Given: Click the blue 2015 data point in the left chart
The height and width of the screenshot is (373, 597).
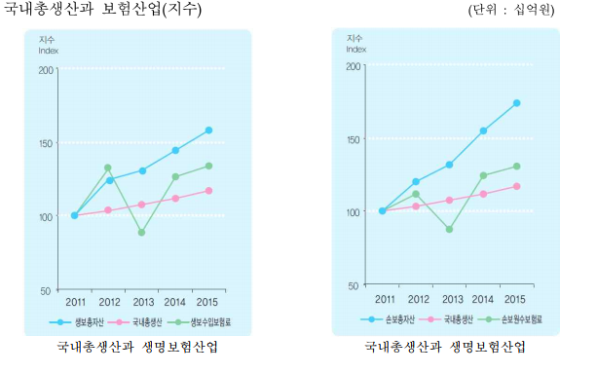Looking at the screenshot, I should click(x=208, y=130).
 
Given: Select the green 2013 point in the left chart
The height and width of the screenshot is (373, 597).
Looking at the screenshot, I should click(x=141, y=233).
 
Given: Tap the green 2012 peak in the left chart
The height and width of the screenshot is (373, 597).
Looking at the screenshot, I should click(x=108, y=168).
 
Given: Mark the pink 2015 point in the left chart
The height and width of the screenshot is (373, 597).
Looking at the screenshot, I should click(x=208, y=191).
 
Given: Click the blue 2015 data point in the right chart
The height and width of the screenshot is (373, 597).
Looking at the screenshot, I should click(x=516, y=102).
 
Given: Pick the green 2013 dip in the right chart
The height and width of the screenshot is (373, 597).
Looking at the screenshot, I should click(x=449, y=229).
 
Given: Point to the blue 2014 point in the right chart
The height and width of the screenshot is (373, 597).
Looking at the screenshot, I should click(x=483, y=131).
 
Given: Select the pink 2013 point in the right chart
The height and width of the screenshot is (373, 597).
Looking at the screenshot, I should click(x=449, y=201).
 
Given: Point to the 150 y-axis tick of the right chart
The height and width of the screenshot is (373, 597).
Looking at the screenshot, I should click(x=354, y=139).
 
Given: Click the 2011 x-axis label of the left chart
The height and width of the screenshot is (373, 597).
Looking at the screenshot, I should click(x=75, y=300).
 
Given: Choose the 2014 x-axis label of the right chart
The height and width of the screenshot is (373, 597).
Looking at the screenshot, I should click(x=483, y=298).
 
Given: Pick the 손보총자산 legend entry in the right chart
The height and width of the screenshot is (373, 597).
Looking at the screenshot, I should click(x=387, y=318).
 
